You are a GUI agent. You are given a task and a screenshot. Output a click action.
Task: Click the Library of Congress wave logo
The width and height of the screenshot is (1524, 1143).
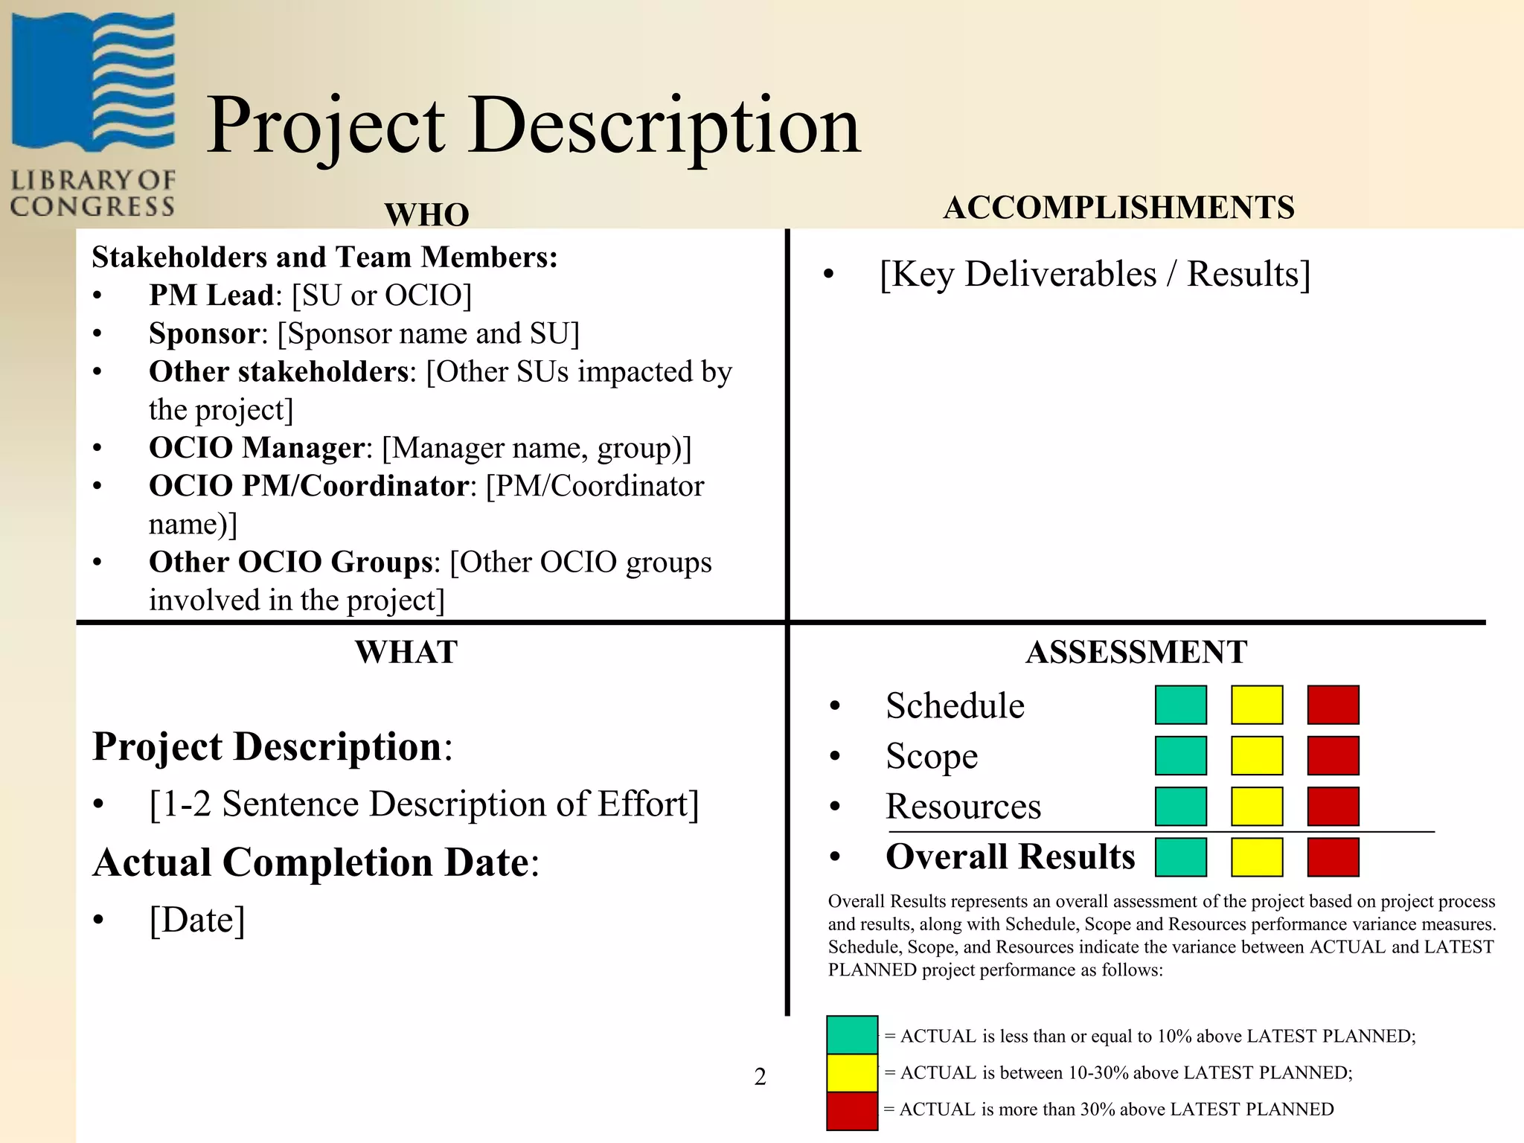coord(93,82)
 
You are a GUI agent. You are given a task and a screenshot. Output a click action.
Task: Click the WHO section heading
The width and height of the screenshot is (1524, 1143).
coord(426,214)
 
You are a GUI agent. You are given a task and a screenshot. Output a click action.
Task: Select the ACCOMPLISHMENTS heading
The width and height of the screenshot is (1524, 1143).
coord(1118,208)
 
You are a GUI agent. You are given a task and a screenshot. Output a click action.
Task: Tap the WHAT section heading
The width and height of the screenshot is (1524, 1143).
coord(406,652)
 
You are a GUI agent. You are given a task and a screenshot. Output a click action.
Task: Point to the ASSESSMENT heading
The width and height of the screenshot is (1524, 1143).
coord(1136,652)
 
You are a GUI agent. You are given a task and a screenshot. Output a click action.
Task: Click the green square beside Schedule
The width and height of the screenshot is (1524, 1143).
coord(1180,705)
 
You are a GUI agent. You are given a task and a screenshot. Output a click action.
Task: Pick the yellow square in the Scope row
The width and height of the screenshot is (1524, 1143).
coord(1257,755)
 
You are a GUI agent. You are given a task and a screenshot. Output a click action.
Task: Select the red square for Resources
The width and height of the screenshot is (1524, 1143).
coord(1333,806)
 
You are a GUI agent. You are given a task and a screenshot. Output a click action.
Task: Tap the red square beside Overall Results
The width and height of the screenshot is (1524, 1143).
coord(1333,857)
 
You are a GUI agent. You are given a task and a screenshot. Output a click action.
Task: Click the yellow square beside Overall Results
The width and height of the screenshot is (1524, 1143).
coord(1257,857)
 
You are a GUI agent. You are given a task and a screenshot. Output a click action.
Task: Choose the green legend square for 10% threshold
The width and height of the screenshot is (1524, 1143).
coord(852,1035)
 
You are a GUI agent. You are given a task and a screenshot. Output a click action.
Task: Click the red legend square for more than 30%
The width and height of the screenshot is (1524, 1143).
coord(852,1110)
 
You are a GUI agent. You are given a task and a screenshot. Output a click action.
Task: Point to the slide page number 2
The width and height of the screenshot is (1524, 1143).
coord(760,1076)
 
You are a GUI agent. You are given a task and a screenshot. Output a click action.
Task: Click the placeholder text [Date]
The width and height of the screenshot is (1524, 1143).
coord(197,920)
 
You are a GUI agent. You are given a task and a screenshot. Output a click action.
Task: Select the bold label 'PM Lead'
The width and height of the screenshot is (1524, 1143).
coord(211,295)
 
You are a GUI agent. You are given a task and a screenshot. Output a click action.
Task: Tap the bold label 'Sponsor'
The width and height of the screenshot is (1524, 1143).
coord(204,333)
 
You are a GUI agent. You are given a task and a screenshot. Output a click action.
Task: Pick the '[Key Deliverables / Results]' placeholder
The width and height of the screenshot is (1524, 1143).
coord(1095,274)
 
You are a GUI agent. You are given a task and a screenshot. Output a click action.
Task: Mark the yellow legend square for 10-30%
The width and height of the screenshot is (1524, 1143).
coord(852,1072)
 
